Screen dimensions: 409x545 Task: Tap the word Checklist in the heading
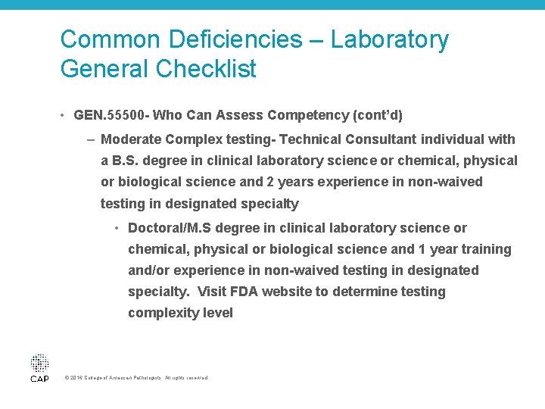click(x=205, y=70)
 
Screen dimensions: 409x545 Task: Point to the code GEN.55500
click(x=112, y=116)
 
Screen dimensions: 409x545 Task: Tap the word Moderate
click(x=132, y=139)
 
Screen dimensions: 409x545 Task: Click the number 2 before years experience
click(x=271, y=182)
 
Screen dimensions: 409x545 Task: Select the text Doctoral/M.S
click(x=172, y=228)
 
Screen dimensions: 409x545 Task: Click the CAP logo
click(x=39, y=367)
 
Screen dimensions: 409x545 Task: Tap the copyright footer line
click(x=136, y=378)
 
